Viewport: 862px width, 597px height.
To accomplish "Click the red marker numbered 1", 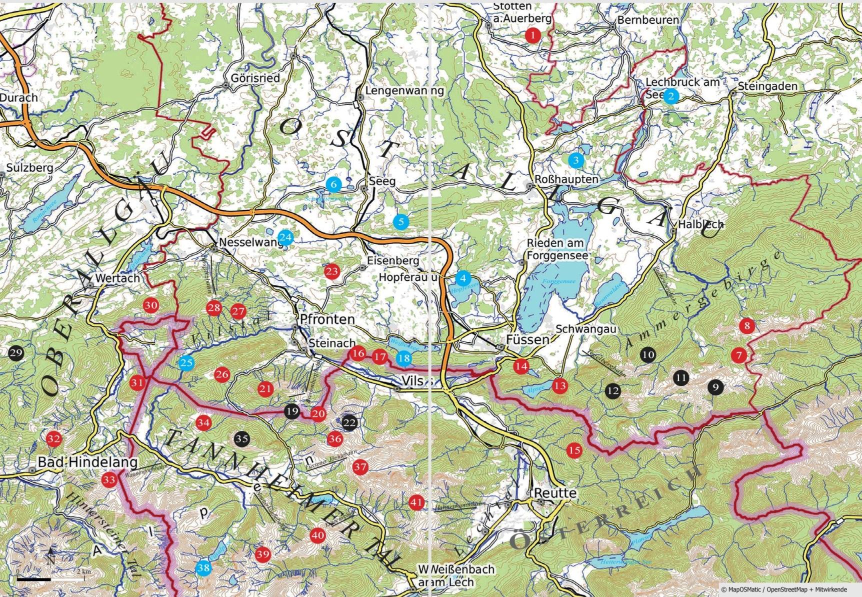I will click(533, 35).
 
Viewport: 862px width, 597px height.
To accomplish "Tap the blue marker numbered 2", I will click(670, 96).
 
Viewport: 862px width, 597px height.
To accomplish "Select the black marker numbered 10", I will click(648, 354).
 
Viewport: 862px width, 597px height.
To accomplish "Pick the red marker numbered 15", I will click(574, 450).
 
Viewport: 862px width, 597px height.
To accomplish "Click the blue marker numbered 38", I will click(203, 568).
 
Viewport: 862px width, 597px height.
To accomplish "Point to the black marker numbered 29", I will click(15, 353).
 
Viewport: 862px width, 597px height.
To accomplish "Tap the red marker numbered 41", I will click(416, 502).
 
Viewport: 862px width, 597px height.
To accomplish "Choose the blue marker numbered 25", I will click(186, 362).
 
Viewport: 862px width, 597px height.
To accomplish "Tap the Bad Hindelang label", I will click(87, 462).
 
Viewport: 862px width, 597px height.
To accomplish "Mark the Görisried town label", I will click(255, 78).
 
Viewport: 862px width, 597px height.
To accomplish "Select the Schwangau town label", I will click(585, 329).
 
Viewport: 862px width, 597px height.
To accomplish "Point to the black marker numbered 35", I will click(241, 439).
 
